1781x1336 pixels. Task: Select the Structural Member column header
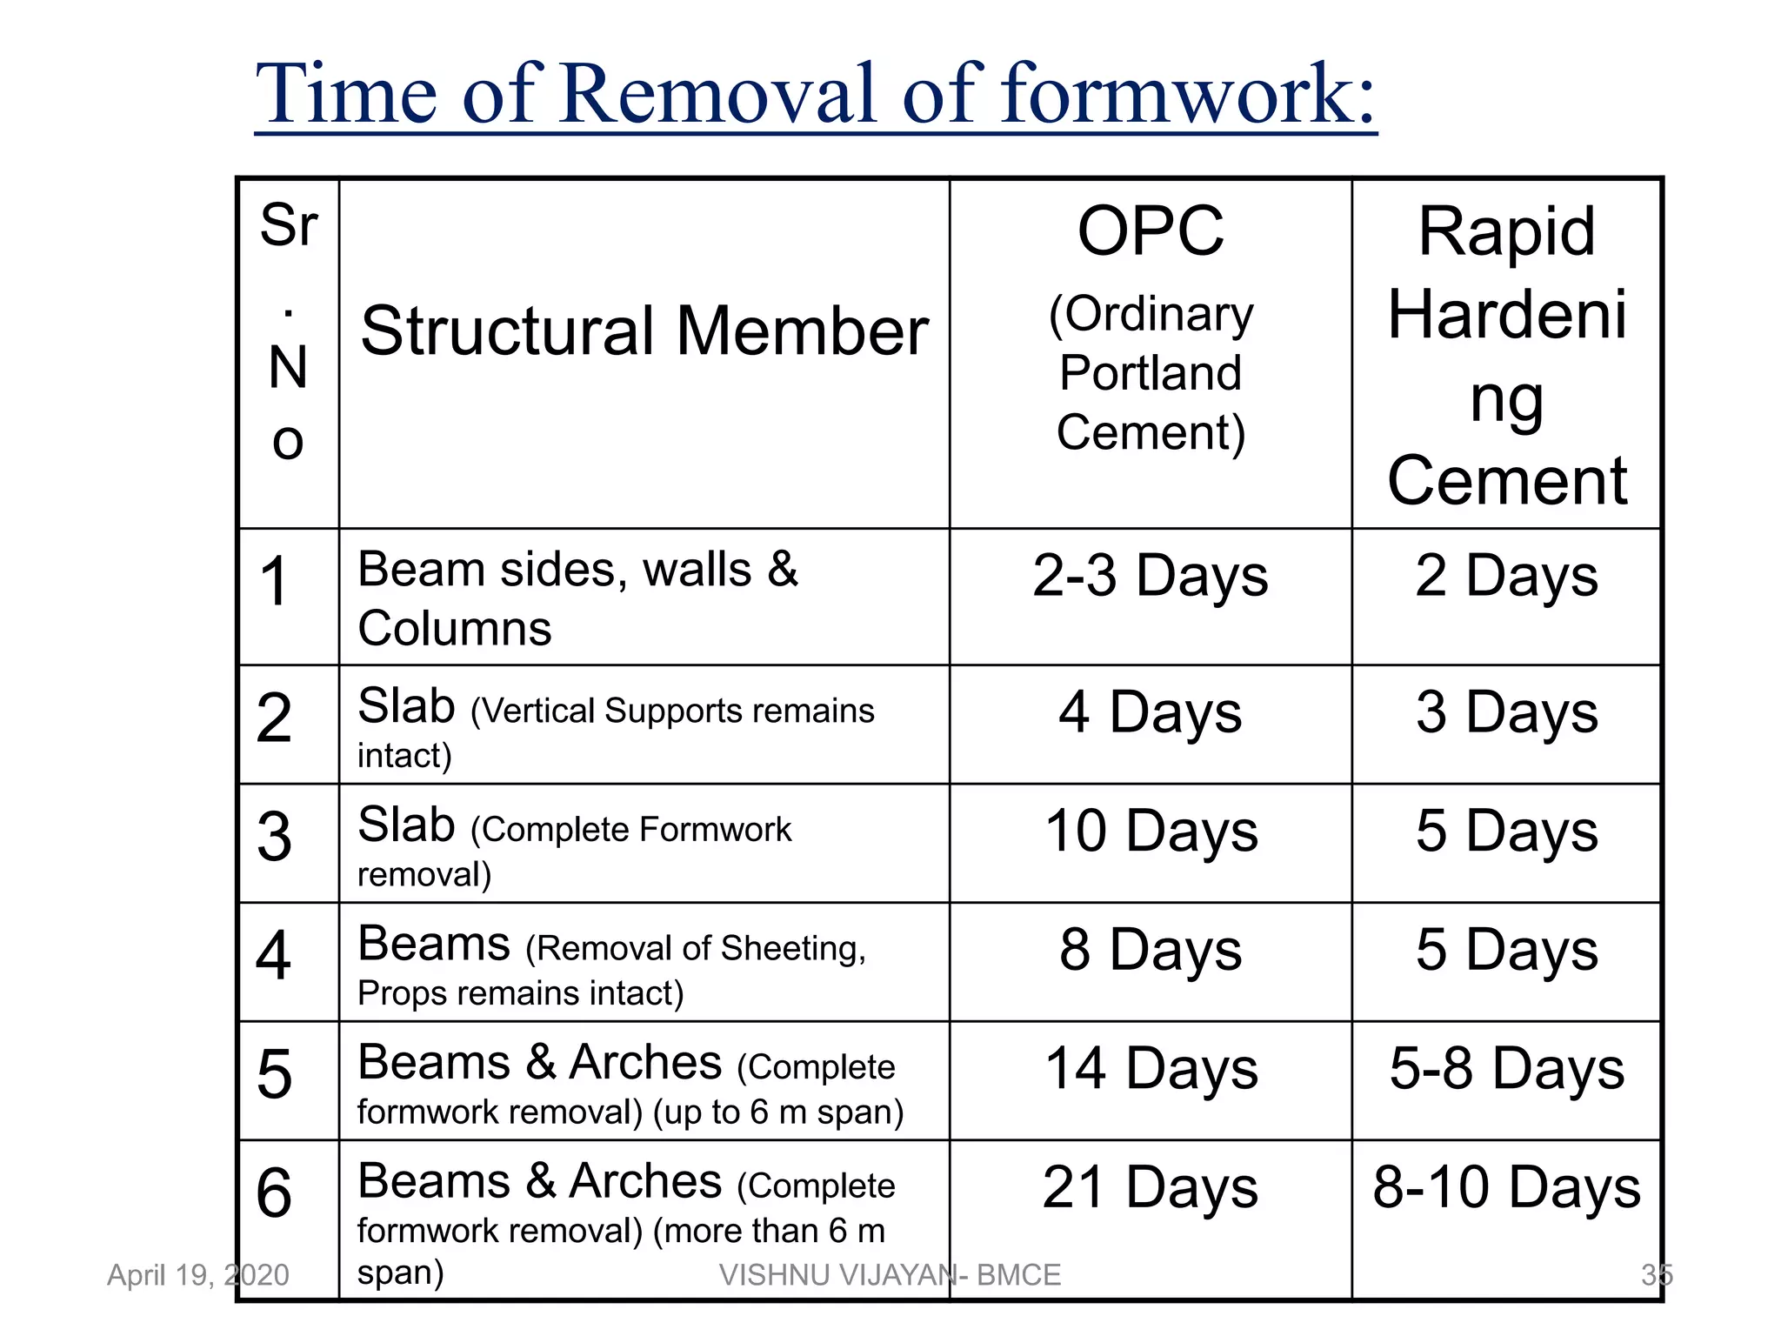[x=644, y=331]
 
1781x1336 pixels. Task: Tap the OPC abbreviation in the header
[x=1151, y=231]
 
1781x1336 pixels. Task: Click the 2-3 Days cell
[x=1151, y=578]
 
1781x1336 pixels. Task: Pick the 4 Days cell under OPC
[x=1151, y=713]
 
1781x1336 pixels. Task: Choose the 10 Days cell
[x=1151, y=832]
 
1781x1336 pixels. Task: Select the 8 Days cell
[x=1151, y=951]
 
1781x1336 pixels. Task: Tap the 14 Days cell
[x=1151, y=1069]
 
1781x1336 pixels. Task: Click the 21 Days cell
[x=1151, y=1188]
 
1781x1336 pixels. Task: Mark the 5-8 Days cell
[x=1507, y=1069]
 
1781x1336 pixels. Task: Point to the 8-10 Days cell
[x=1507, y=1188]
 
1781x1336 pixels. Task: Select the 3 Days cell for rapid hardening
[x=1507, y=713]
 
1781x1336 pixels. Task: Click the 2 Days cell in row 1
[x=1507, y=578]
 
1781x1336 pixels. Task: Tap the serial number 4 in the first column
[x=273, y=956]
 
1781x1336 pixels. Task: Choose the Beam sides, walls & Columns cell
[x=577, y=598]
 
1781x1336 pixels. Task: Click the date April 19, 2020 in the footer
[x=197, y=1275]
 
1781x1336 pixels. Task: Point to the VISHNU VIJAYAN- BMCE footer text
[x=890, y=1275]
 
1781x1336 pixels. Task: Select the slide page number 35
[x=1657, y=1275]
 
